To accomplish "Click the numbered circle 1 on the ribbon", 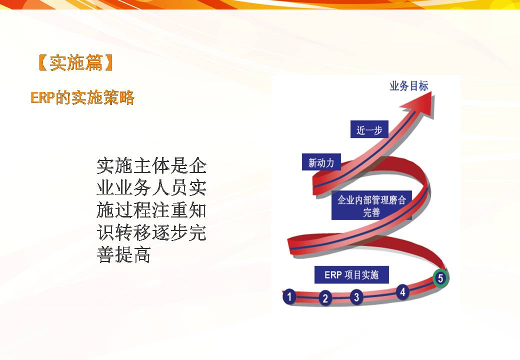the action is [x=289, y=296].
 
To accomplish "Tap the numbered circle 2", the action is [x=325, y=298].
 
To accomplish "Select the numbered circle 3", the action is [x=356, y=296].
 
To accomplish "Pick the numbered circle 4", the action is [x=402, y=292].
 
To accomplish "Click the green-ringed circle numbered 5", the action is [x=440, y=278].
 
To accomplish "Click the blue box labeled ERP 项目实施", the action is [x=351, y=275].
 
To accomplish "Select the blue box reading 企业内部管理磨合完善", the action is [x=371, y=205].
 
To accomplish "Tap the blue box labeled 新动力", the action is [x=321, y=162].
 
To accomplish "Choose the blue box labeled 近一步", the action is [x=369, y=129].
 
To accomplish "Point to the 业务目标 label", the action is [x=409, y=86].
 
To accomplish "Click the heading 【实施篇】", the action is [x=76, y=62].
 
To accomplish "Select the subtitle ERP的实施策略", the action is [x=82, y=98].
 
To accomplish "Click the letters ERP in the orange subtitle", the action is [x=42, y=98].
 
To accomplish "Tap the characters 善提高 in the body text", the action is [x=123, y=254].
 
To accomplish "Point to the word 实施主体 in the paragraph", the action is [x=133, y=165].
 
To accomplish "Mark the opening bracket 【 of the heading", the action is [x=43, y=62].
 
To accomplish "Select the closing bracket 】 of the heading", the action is [x=109, y=62].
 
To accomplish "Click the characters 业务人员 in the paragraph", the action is [x=151, y=188].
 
